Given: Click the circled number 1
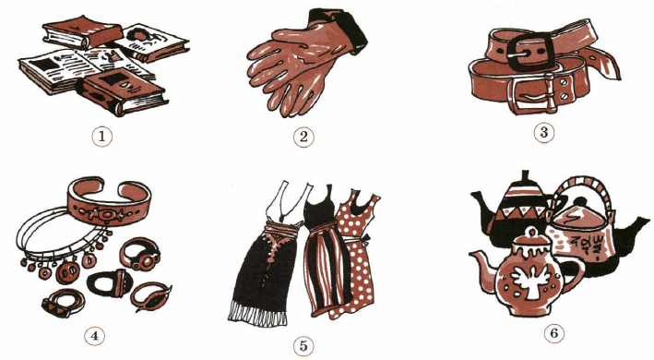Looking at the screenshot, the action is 101,136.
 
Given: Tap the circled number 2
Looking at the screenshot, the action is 303,137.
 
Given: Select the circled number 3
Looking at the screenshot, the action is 544,132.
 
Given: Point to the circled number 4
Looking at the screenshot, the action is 95,336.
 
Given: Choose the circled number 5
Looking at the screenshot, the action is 303,346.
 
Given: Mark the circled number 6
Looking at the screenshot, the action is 553,333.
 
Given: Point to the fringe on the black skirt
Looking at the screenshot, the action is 257,313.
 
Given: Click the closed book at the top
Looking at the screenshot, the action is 83,32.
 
